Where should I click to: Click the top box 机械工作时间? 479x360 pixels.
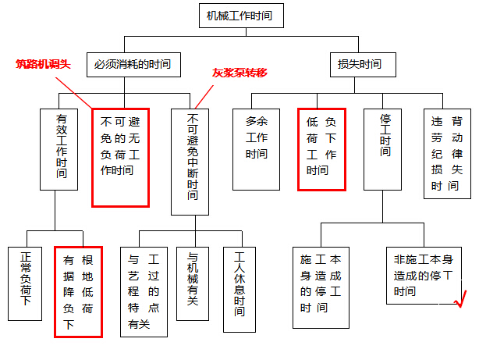coord(241,16)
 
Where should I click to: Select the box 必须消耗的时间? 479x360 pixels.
coord(134,65)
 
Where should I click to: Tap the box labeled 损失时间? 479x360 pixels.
coord(363,65)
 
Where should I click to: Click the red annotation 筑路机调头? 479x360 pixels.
coord(43,64)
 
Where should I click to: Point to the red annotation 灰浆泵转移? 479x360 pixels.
coord(239,73)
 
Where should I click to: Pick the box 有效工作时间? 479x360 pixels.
coord(59,149)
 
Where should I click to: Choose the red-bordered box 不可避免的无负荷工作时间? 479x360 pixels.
coord(121,158)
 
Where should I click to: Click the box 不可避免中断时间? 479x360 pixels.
coord(190,162)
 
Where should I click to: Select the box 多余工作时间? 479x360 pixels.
coord(257,149)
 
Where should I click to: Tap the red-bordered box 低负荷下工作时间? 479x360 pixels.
coord(322,149)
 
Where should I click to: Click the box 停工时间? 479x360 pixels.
coord(383,149)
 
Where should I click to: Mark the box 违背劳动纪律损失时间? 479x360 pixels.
coord(447,154)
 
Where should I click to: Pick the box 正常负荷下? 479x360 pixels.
coord(25,283)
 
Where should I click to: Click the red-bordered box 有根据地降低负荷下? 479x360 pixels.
coord(78,292)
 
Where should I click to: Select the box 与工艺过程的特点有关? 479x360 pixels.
coord(144,292)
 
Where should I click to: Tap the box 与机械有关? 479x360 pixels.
coord(193,283)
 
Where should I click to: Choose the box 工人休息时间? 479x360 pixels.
coord(239,290)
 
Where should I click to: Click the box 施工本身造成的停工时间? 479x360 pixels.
coord(321,287)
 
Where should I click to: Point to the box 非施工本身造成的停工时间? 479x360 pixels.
coord(424,276)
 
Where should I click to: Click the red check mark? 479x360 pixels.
coord(461,299)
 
